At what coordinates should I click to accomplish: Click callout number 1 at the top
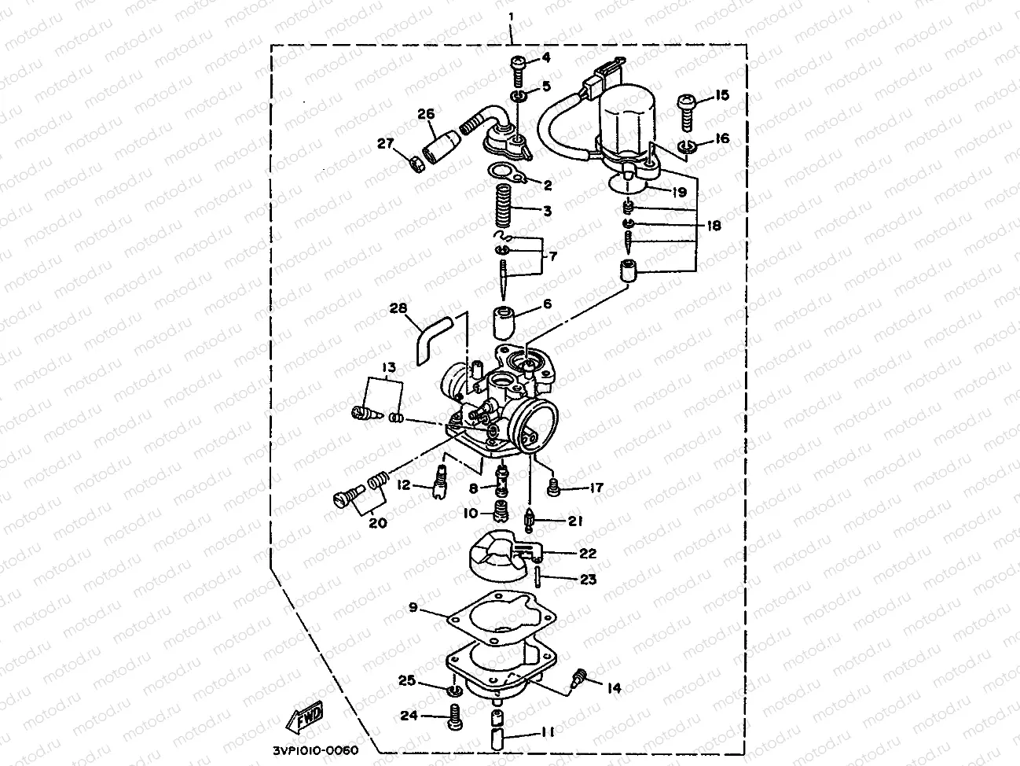point(511,16)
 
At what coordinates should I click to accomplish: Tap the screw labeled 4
point(519,68)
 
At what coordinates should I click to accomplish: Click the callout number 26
point(426,114)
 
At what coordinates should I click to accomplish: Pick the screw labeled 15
point(685,110)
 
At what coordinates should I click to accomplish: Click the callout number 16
point(721,138)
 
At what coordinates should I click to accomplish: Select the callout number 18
point(712,226)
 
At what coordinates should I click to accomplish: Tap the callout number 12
point(403,484)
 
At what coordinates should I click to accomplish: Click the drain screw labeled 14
point(582,675)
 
